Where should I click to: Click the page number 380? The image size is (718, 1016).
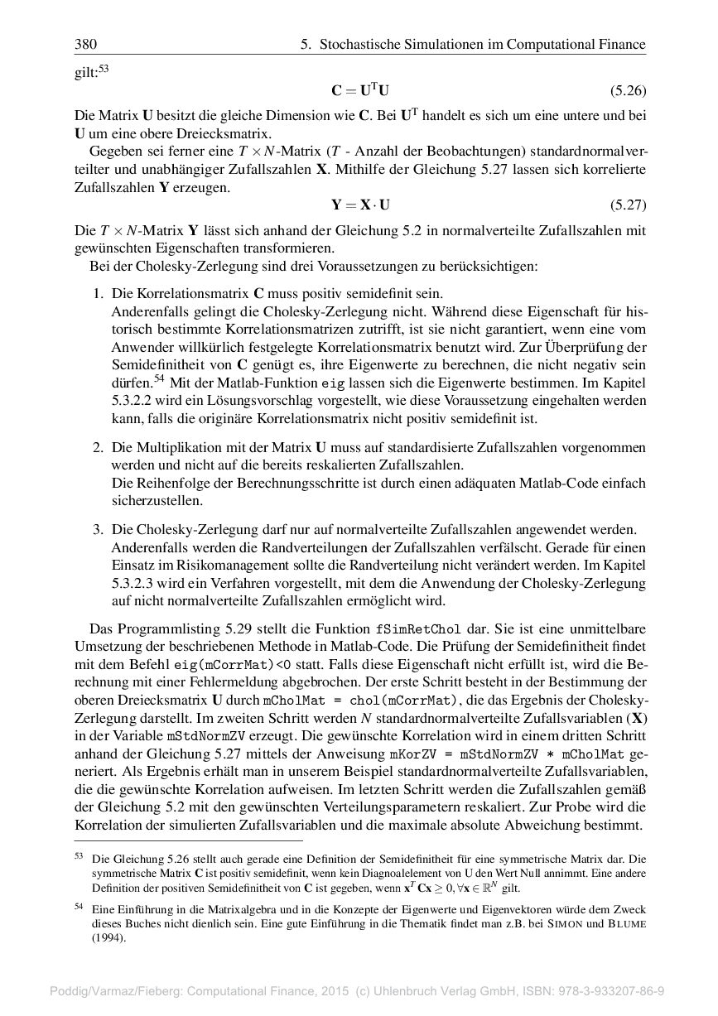tap(87, 43)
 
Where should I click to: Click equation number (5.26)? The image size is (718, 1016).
tap(628, 90)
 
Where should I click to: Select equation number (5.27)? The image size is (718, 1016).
tap(628, 205)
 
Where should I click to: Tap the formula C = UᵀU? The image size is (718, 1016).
tap(361, 90)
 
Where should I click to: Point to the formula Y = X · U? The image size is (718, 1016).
tap(361, 205)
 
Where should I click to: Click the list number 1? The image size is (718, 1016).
tap(97, 294)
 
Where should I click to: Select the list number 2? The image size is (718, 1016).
tap(97, 448)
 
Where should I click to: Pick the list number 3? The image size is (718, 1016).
tap(97, 529)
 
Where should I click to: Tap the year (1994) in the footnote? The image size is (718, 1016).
tap(108, 938)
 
